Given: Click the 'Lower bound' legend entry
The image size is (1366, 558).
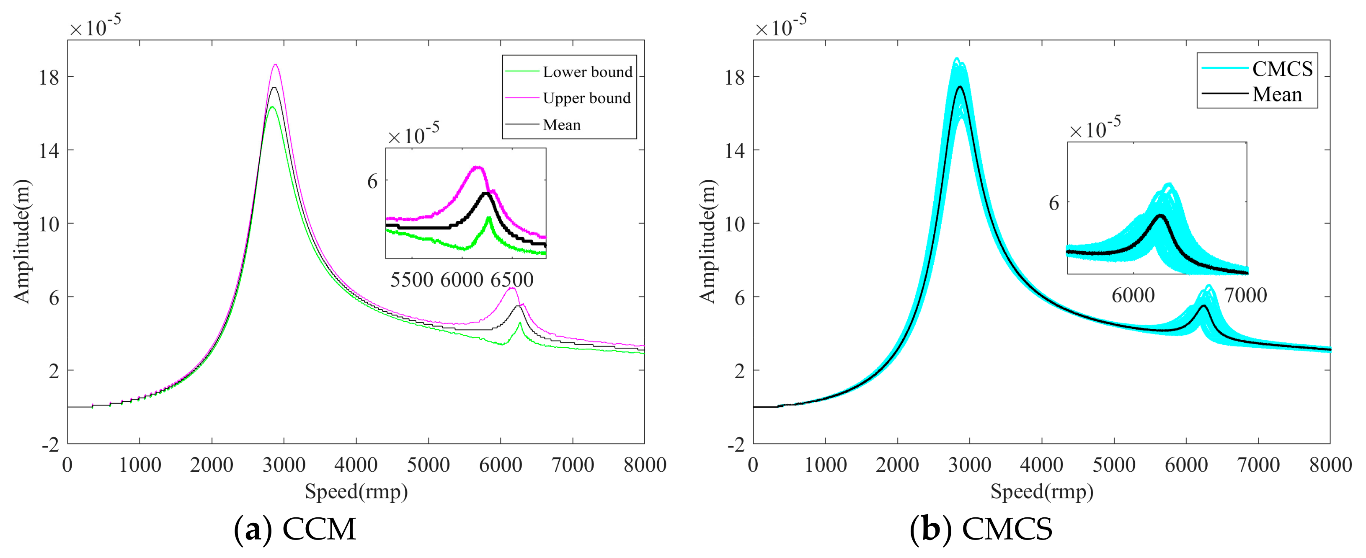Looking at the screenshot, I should tap(587, 72).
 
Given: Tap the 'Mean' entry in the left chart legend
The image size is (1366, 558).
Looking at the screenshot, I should tap(562, 125).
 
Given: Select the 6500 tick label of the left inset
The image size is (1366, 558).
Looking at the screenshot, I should tap(512, 279).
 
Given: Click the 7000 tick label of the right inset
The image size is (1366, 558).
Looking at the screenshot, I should tap(1246, 295).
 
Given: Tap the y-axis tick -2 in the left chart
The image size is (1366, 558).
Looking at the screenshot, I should tap(51, 444).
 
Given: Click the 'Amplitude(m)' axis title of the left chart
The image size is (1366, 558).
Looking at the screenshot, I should tap(22, 241).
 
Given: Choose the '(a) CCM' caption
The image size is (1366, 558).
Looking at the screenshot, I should tap(295, 529).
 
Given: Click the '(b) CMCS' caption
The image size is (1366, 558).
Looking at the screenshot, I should tap(981, 529).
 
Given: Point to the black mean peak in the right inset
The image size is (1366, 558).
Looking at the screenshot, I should tap(1160, 215).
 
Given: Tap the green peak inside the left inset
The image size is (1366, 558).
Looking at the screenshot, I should tap(488, 218).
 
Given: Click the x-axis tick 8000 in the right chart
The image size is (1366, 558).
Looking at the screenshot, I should tap(1330, 465).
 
